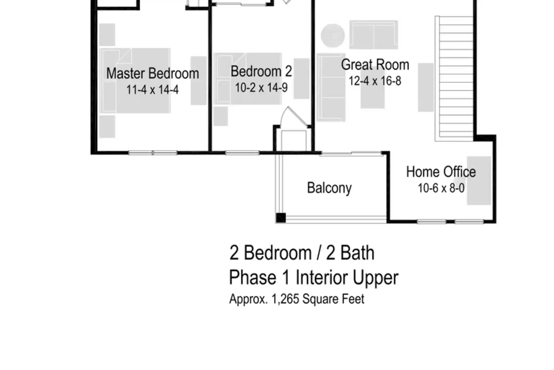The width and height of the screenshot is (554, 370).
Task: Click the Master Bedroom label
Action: tap(153, 73)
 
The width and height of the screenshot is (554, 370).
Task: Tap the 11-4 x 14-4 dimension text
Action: tap(152, 90)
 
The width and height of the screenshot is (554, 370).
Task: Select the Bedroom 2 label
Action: tap(261, 71)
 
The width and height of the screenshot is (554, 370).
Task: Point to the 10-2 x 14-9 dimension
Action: tap(261, 88)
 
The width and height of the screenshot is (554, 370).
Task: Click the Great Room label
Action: tap(375, 64)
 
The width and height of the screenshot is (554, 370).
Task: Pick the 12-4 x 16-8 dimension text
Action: tap(375, 81)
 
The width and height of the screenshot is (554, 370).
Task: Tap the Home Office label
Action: tap(441, 172)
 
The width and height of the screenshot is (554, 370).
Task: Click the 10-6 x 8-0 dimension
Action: tap(441, 188)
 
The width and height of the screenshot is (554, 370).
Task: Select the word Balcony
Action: tap(329, 188)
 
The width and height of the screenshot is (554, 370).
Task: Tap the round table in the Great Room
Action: tap(333, 36)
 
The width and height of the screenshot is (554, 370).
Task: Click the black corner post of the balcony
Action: tap(281, 218)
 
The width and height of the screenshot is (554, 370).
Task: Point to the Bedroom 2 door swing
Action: tap(294, 117)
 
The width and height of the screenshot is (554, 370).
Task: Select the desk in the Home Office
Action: tap(479, 180)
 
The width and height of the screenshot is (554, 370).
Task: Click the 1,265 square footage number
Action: tap(285, 299)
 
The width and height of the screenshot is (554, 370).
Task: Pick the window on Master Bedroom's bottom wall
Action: tap(153, 153)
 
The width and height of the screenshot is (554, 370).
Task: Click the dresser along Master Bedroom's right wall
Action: tap(199, 81)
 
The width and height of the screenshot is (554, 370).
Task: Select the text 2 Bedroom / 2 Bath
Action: tap(302, 253)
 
